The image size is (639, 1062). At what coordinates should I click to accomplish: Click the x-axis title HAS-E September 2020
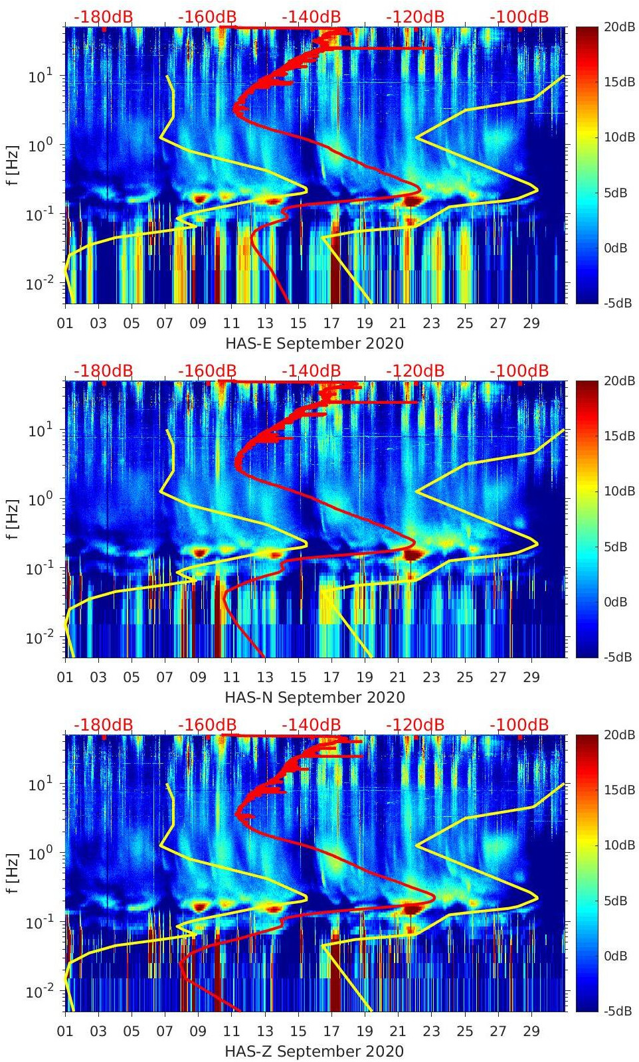pos(314,343)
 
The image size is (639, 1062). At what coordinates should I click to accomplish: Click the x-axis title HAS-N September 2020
pos(314,697)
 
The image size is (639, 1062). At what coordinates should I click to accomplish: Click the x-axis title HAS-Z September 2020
pos(314,1051)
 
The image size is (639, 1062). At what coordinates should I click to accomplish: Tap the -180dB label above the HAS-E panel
pos(103,17)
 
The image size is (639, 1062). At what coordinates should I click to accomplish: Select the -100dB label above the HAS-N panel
pos(519,371)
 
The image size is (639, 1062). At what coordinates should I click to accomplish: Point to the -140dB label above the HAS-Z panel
pos(311,725)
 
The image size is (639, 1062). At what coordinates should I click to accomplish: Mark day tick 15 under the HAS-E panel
pos(298,323)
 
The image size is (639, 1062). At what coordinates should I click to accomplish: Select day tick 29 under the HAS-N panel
pos(531,677)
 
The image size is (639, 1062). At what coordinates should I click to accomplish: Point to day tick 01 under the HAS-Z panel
pos(65,1031)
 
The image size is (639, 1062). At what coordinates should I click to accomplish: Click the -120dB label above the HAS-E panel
pos(414,17)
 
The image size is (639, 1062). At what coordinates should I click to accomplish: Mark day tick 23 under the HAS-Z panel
pos(432,1031)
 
